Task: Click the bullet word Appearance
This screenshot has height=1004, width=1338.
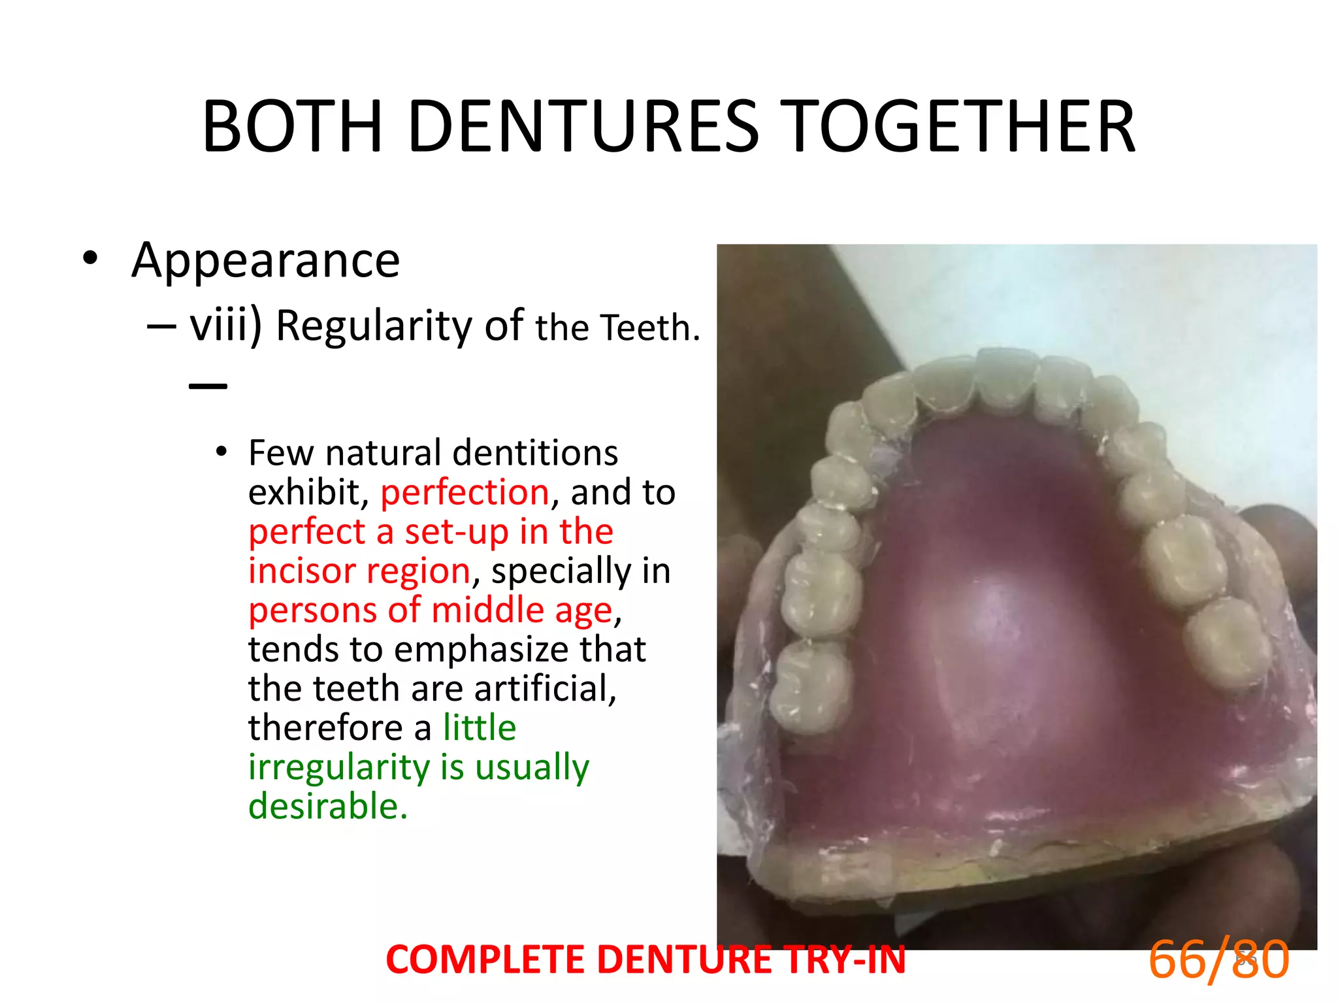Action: coord(265,260)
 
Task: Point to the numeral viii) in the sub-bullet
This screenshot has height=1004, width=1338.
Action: coord(226,325)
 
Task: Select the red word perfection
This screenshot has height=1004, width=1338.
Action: coord(465,492)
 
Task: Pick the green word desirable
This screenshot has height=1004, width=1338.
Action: coord(327,806)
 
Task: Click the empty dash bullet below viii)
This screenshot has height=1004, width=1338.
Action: coord(208,386)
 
